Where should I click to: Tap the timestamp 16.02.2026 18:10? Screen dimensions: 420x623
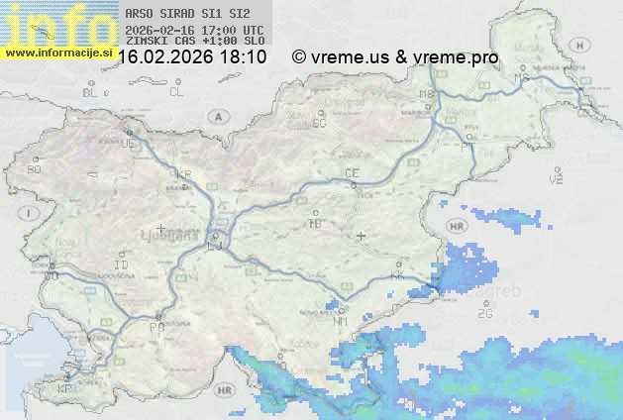pos(192,57)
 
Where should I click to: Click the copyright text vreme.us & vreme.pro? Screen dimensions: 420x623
pos(395,57)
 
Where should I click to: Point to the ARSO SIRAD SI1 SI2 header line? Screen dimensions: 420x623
pos(188,15)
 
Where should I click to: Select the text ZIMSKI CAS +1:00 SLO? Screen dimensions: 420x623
pos(194,42)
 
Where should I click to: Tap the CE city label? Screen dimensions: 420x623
pos(352,173)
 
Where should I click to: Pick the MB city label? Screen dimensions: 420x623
pos(427,94)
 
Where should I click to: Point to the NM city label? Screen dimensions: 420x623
pos(342,321)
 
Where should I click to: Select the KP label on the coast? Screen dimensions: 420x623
pos(65,388)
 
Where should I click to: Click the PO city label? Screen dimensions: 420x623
pos(156,326)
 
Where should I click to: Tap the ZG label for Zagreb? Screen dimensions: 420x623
pos(484,314)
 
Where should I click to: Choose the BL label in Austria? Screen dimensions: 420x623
pos(90,92)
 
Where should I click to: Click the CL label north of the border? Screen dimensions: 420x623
pos(176,92)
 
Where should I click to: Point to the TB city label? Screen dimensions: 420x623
pos(316,224)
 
